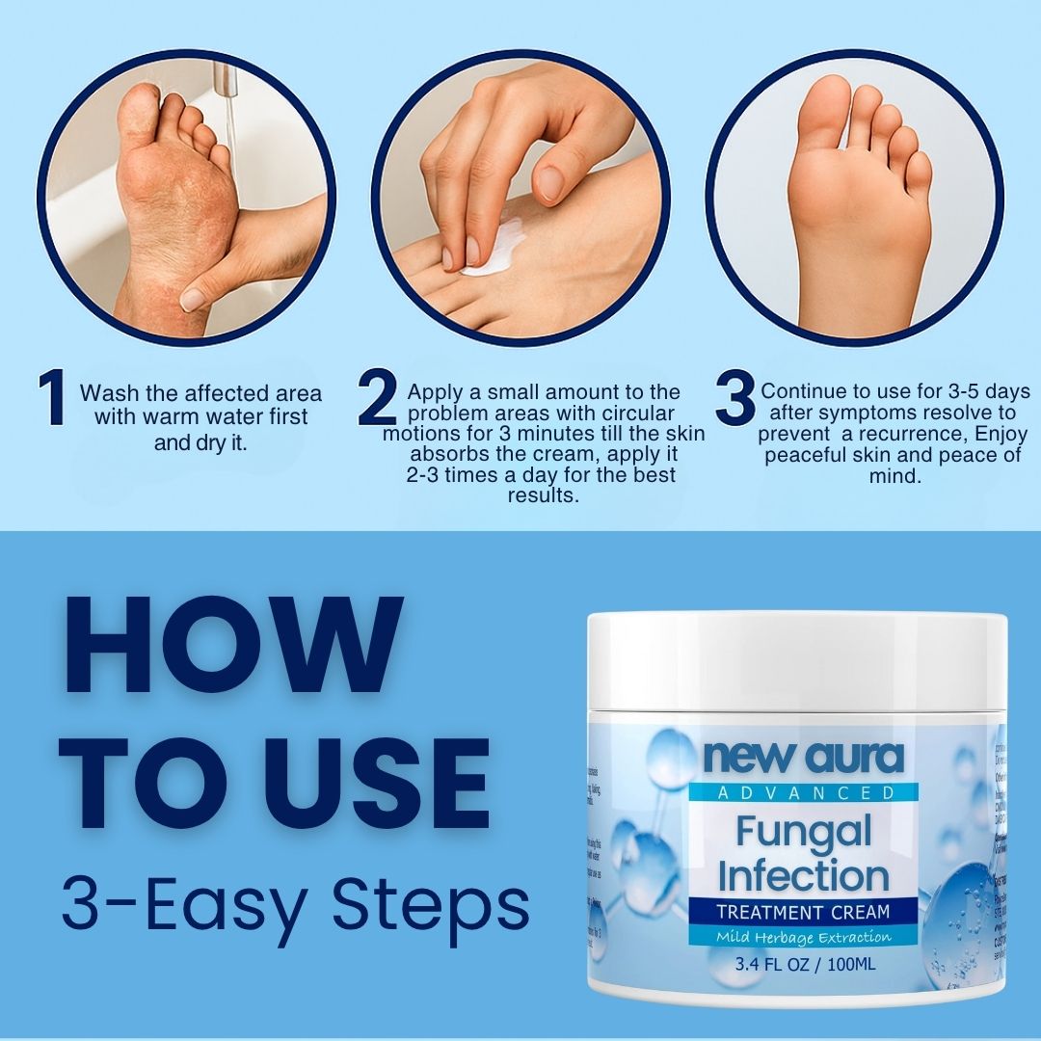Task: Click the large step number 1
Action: click(52, 399)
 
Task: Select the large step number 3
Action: click(734, 399)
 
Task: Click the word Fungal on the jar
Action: click(803, 830)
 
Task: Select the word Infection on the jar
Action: click(803, 875)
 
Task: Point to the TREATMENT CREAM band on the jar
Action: click(803, 911)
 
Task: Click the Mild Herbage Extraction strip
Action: click(803, 936)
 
